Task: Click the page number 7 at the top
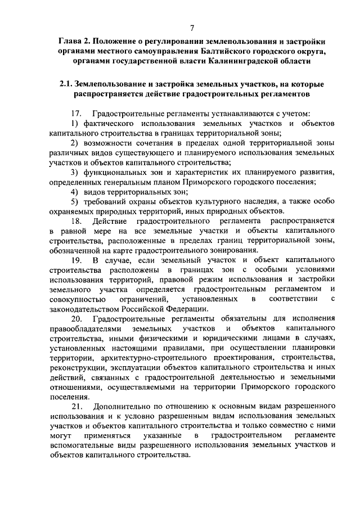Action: click(x=192, y=28)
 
